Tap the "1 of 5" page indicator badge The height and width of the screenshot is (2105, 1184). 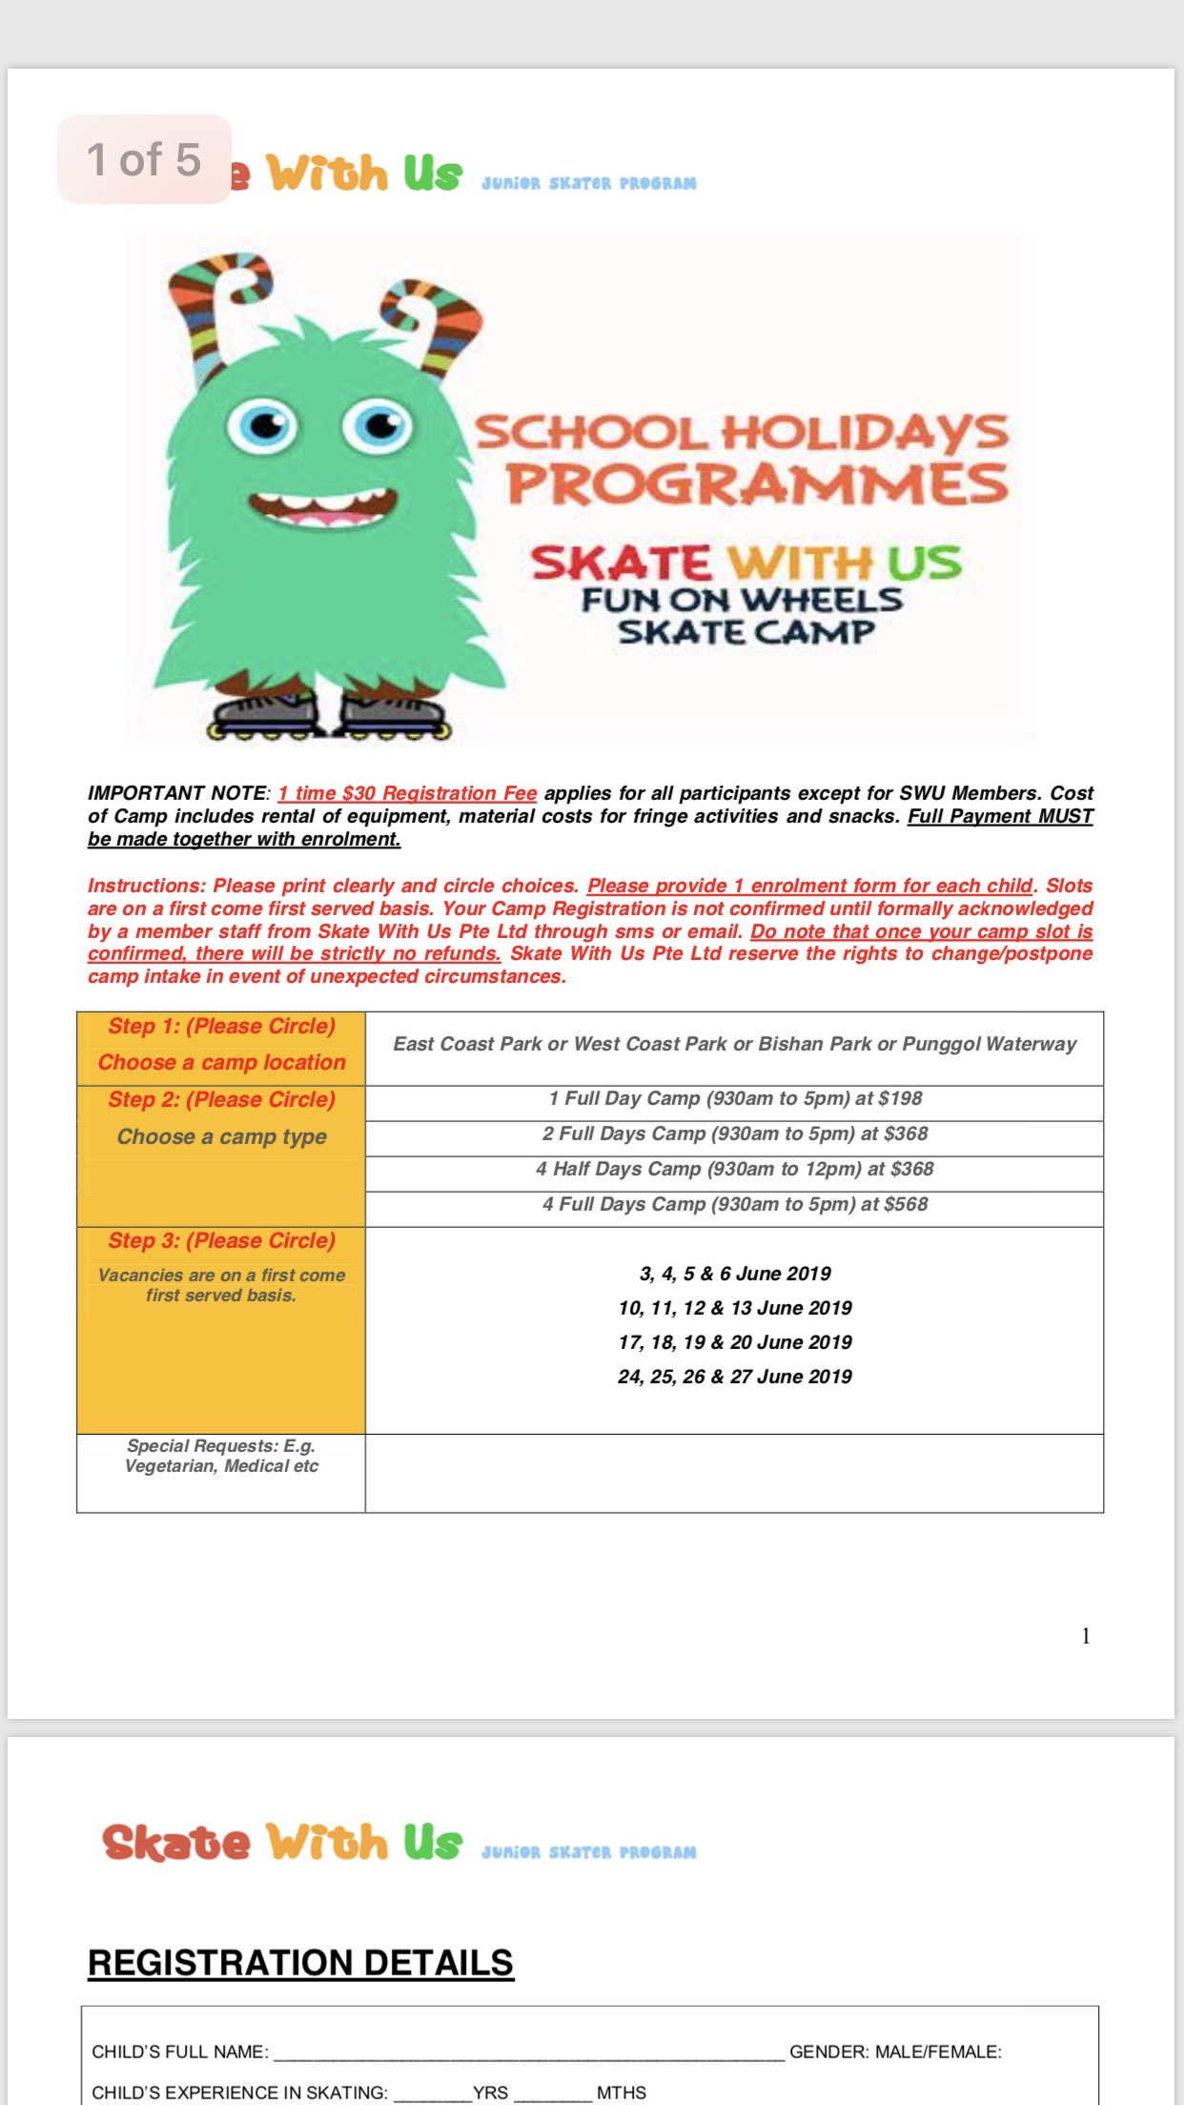(x=144, y=159)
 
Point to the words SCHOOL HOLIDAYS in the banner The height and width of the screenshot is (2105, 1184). (x=741, y=433)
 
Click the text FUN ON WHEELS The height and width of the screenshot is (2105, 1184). (x=742, y=600)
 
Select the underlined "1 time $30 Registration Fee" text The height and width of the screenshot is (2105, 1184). (x=407, y=793)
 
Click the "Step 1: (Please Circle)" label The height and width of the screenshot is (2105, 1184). (x=221, y=1027)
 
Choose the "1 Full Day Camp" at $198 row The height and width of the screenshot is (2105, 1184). (x=735, y=1098)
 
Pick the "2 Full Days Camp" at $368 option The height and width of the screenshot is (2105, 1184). (x=735, y=1134)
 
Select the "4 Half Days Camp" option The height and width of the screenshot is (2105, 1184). (x=735, y=1169)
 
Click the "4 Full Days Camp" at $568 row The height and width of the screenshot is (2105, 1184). (x=735, y=1204)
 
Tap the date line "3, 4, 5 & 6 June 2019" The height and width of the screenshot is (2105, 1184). (x=735, y=1274)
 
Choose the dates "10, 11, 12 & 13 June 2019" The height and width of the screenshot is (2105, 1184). (x=735, y=1308)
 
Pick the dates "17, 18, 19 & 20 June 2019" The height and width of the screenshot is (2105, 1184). (x=735, y=1342)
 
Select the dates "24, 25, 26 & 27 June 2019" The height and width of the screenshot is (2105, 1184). (x=735, y=1377)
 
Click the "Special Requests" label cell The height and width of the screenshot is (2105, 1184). (x=221, y=1456)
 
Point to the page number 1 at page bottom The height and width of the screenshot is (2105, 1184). (x=1086, y=1636)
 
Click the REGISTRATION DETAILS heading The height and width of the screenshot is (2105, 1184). (x=300, y=1963)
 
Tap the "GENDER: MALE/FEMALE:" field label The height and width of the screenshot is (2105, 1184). (x=895, y=2052)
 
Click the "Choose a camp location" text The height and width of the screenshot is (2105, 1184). (x=221, y=1063)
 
